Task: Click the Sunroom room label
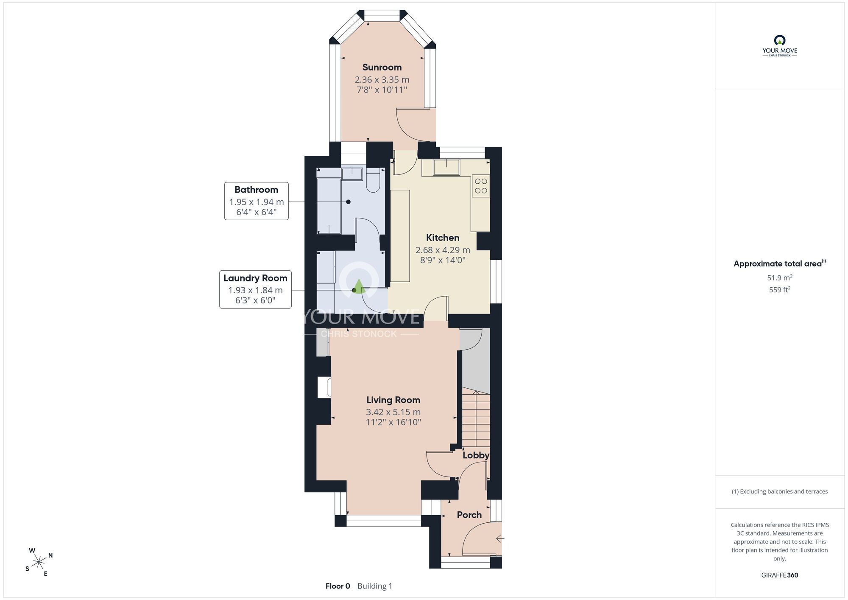point(382,67)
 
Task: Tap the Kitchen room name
point(443,238)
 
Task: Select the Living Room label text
point(393,400)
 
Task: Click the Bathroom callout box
point(257,201)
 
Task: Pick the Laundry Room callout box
point(255,289)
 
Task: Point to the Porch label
point(469,515)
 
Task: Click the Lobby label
point(476,455)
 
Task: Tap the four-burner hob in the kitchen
point(481,186)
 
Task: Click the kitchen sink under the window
point(446,167)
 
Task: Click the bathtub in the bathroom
point(329,206)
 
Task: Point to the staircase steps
point(476,418)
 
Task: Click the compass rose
point(39,563)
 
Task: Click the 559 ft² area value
point(780,290)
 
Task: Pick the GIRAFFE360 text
point(780,575)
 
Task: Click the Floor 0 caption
point(338,586)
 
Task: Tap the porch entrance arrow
point(500,539)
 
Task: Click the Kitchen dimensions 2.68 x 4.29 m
point(443,250)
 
